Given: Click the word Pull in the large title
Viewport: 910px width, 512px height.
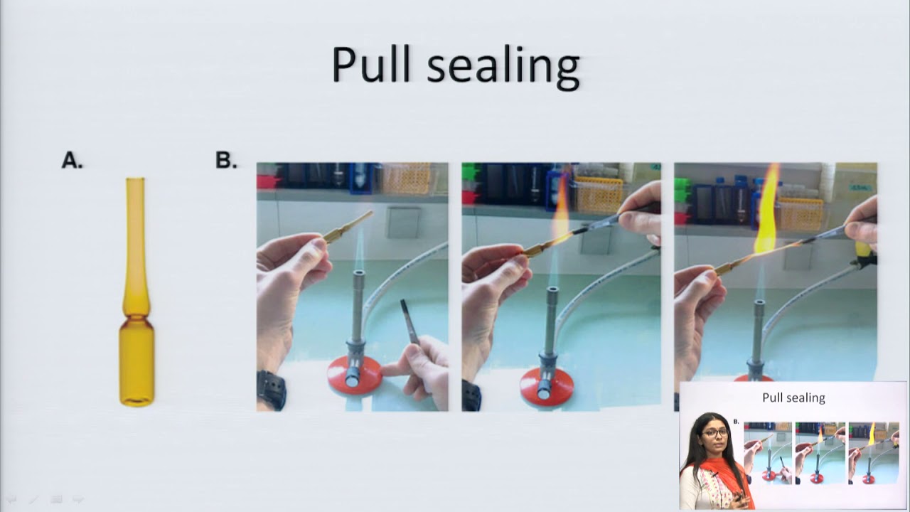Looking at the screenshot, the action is pos(371,64).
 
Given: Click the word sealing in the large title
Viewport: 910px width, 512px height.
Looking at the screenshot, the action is pos(503,68).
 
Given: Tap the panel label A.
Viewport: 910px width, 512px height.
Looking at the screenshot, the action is pos(72,160).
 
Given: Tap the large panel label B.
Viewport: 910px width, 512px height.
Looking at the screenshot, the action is pos(226,160).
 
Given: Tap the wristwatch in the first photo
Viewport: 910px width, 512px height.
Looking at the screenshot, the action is pos(271,390).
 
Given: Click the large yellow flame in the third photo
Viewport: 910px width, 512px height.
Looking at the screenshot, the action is pos(767,211).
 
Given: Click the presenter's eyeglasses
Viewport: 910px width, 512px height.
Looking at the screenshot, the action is pos(715,433).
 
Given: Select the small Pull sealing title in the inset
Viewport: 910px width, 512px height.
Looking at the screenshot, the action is pos(793,398).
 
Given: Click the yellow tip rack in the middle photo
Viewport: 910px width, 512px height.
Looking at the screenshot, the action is pos(599,195).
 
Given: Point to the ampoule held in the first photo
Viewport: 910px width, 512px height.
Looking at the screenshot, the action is pos(348,228).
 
